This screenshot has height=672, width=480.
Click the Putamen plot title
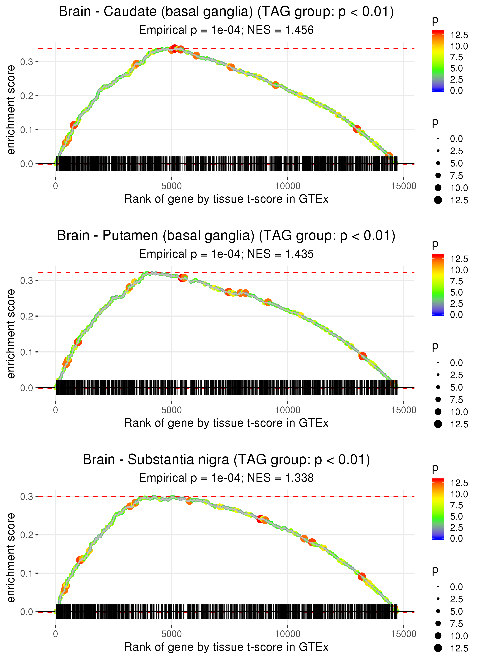[226, 236]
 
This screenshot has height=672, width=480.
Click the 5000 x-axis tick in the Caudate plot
[171, 186]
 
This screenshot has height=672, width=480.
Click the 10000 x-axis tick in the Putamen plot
[288, 410]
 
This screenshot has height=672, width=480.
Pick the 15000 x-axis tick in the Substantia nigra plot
[404, 634]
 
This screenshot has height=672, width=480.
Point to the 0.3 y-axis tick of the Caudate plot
[27, 62]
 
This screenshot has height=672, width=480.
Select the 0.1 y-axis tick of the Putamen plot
[27, 352]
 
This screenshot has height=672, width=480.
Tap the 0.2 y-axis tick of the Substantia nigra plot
[27, 535]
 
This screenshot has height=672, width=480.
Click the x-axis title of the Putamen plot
[226, 423]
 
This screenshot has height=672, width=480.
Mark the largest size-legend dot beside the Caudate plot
[438, 200]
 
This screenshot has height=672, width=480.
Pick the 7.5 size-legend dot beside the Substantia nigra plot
[438, 623]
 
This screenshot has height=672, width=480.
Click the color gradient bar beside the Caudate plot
[438, 61]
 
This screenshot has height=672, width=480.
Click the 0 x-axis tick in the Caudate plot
[55, 186]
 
